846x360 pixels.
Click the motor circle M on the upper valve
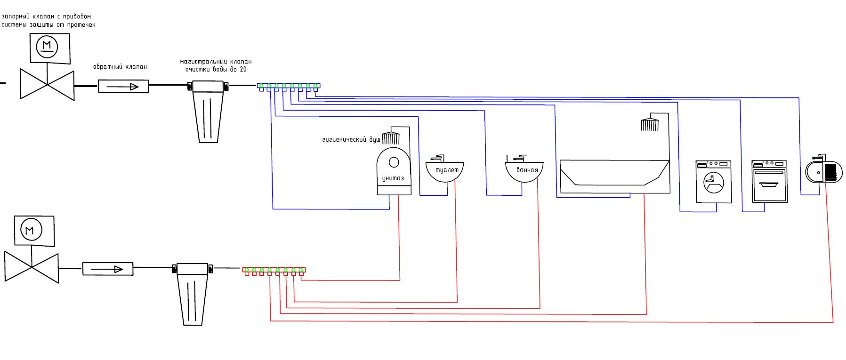pos(47,46)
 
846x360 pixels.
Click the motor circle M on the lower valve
pos(31,230)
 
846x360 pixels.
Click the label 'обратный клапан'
pos(120,67)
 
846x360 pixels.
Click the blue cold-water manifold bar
pos(289,86)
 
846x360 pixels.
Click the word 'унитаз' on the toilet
pos(393,178)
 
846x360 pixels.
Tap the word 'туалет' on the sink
pos(447,170)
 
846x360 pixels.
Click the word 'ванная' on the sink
pos(527,170)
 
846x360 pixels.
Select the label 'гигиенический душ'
pos(351,140)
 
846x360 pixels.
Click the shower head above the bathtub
pos(650,125)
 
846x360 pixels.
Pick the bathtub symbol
pos(614,176)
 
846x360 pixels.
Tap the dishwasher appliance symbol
pos(770,182)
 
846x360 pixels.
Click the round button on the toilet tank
pos(394,162)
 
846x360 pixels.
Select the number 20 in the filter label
pos(243,69)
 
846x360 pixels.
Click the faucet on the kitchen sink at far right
pos(820,157)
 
